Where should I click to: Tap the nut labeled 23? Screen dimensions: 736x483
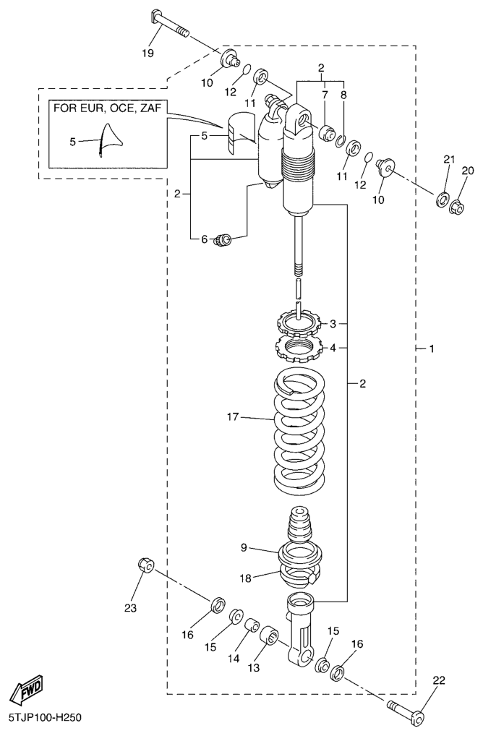tap(144, 565)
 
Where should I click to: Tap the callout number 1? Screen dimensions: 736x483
tap(431, 348)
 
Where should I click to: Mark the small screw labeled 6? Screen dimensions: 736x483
tap(223, 239)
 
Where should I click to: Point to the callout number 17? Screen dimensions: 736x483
tap(232, 416)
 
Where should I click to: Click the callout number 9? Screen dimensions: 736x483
tap(244, 548)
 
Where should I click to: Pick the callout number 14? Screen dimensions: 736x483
tap(233, 659)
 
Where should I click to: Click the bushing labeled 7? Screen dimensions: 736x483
tap(325, 132)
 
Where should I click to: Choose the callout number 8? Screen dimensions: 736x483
tap(343, 95)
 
